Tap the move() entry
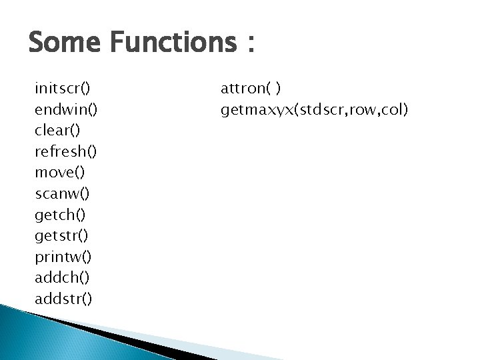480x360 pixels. [x=60, y=172]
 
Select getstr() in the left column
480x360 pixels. [x=62, y=235]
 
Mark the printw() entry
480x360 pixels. [x=64, y=257]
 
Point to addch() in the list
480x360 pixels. [x=63, y=277]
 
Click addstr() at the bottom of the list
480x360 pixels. [x=64, y=299]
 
